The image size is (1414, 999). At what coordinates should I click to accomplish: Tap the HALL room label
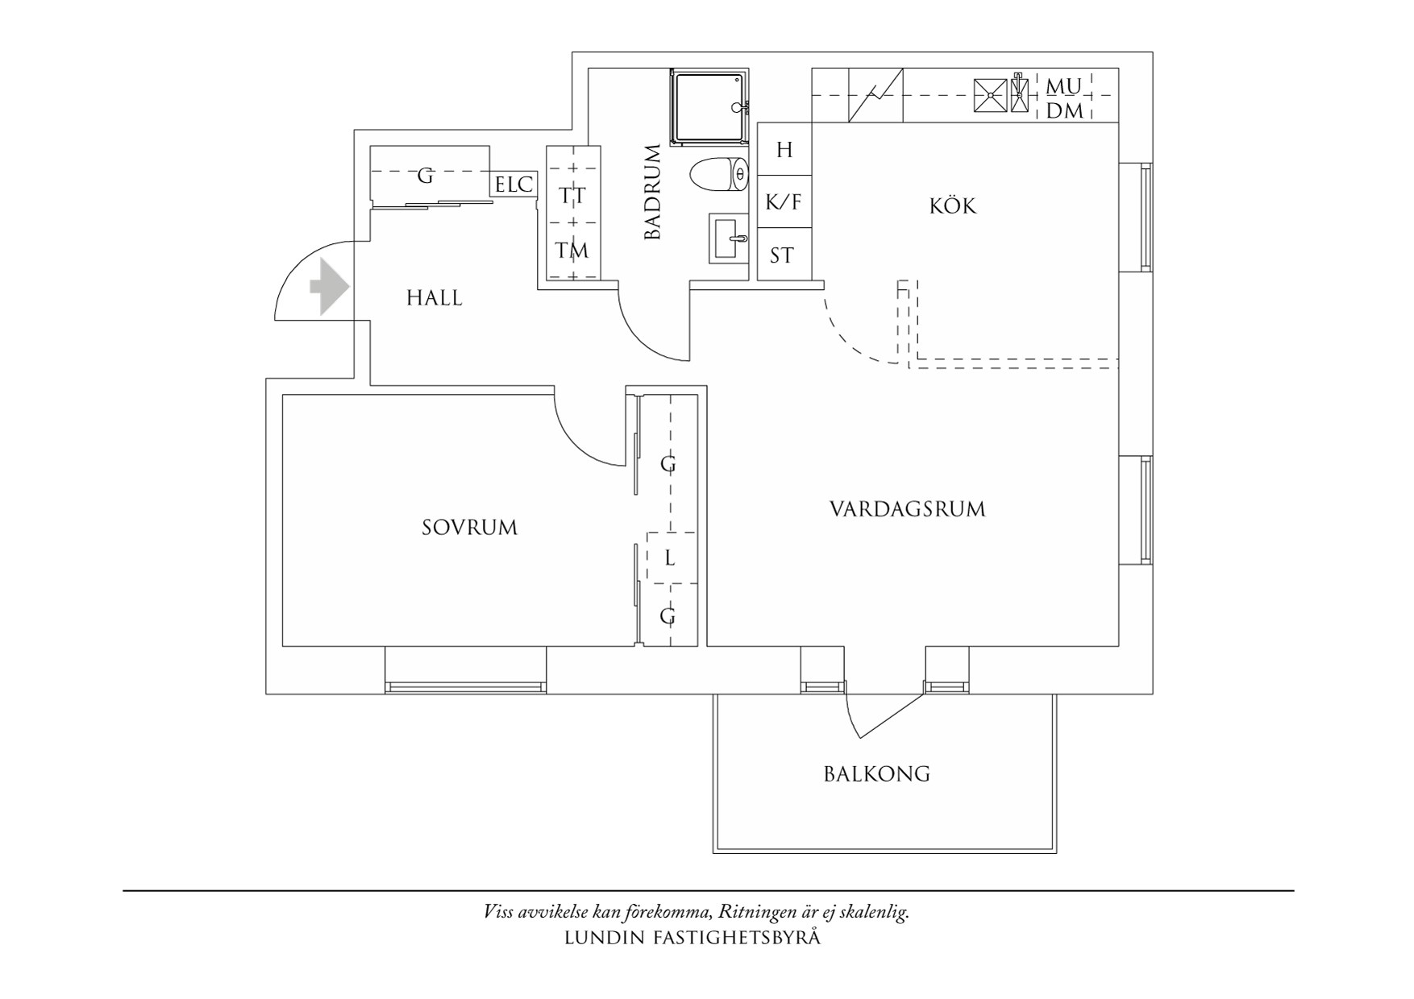[435, 299]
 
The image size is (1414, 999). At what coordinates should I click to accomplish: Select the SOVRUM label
[470, 528]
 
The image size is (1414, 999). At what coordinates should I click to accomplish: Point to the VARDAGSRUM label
[908, 509]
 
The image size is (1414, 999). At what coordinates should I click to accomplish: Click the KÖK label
[953, 205]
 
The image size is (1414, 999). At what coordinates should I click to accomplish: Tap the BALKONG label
[877, 774]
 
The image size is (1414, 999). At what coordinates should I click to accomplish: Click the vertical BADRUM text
[652, 192]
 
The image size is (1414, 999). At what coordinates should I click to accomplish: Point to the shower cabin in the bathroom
[709, 106]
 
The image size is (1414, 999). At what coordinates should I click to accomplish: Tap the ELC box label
[514, 185]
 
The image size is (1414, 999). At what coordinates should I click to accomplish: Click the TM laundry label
[572, 251]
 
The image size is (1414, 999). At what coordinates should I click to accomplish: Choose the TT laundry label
[572, 197]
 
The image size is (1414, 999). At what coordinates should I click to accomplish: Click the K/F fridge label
[784, 201]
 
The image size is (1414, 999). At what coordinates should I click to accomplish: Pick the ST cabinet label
[781, 256]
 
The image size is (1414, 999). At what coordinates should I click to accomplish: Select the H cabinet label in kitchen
[784, 150]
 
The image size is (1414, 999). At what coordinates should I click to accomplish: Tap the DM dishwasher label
[1065, 111]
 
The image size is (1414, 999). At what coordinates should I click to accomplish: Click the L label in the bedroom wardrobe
[670, 558]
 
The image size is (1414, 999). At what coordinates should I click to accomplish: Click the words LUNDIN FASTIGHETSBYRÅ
[692, 938]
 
